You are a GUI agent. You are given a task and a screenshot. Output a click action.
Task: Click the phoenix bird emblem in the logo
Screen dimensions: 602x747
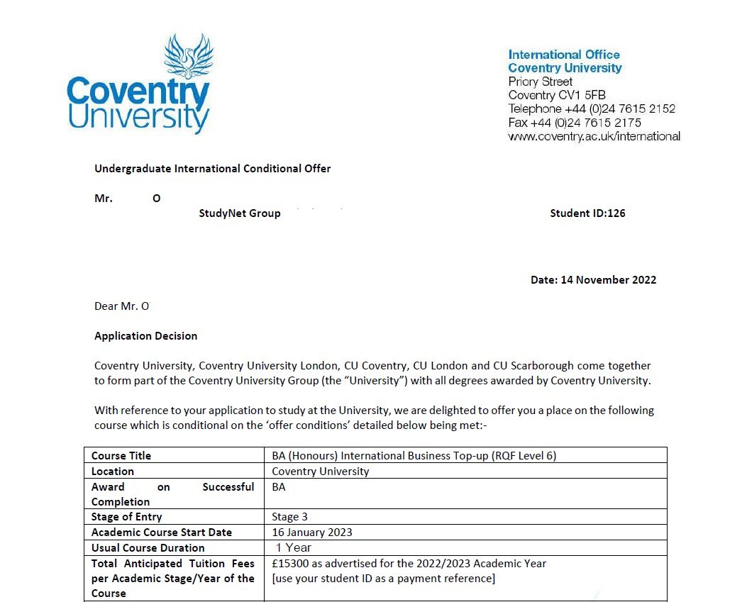[x=189, y=56]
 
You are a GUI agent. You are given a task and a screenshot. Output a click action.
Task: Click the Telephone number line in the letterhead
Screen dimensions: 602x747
[x=592, y=109]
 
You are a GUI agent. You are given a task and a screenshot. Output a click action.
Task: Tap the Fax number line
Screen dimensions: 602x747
[x=575, y=123]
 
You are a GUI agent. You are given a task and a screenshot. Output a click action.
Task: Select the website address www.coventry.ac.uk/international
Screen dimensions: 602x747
[x=594, y=136]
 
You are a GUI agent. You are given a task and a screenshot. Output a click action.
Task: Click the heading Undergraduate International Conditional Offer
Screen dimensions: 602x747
[x=212, y=169]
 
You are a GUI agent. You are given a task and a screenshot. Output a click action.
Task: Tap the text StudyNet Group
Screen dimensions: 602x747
[x=240, y=213]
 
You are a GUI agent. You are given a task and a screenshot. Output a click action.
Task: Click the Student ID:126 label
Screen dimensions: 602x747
[x=587, y=213]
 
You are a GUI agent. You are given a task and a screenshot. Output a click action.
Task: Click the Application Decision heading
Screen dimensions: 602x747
[x=145, y=336]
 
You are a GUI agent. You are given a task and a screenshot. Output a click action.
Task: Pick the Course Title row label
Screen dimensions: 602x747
[x=121, y=456]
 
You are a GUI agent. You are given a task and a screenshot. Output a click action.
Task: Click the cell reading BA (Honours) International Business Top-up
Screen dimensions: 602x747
[x=414, y=456]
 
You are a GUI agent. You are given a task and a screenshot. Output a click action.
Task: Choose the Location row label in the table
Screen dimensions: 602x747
[x=113, y=472]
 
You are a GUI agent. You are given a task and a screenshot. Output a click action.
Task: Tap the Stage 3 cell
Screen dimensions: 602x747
[x=289, y=517]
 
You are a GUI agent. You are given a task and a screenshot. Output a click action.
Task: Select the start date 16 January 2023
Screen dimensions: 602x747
[x=312, y=533]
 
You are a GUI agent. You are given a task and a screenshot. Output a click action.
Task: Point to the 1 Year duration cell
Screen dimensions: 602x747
[x=294, y=547]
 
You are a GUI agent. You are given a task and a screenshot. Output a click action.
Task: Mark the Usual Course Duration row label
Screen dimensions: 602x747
[x=148, y=548]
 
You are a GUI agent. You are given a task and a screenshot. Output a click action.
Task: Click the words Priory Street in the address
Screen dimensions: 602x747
[x=541, y=82]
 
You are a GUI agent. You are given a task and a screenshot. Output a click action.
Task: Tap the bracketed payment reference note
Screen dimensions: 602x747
[x=383, y=579]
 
